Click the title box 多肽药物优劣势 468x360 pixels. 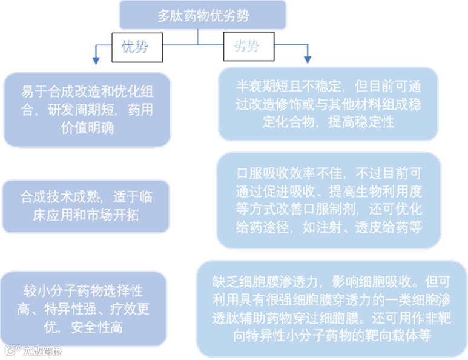[202, 16]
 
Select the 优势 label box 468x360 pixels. [137, 47]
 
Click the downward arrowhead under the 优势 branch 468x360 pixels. [95, 60]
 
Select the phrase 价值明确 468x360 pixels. [87, 128]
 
